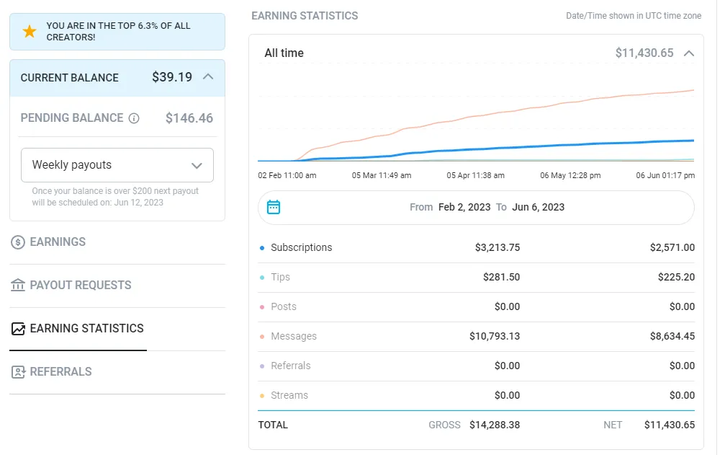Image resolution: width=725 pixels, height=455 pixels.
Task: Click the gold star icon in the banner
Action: [30, 32]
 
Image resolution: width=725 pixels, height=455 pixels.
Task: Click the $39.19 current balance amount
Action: [172, 77]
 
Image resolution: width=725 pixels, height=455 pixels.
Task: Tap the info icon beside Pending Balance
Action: [134, 118]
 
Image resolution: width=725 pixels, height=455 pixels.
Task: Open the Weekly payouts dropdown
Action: [117, 165]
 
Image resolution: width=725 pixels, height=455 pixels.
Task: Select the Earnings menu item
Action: [58, 242]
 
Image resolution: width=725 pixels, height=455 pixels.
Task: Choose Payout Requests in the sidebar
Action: [80, 286]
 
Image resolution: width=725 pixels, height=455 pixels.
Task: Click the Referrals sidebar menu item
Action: [60, 372]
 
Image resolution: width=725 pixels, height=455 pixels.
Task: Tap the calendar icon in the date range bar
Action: [274, 208]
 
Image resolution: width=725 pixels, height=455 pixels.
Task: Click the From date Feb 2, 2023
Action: [464, 208]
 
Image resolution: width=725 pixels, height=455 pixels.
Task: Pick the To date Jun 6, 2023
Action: [539, 208]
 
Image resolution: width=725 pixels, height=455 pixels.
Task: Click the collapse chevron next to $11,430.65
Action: [689, 53]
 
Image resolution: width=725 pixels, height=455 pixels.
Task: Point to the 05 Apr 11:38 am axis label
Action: [476, 175]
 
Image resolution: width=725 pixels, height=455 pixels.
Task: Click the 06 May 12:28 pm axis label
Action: [570, 175]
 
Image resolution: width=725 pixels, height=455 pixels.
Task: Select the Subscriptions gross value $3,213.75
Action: [497, 248]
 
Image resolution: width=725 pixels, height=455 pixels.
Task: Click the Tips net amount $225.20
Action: [676, 278]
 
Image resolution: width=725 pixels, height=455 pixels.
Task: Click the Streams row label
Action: [289, 396]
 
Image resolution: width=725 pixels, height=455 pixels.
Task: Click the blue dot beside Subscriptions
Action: [262, 248]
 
